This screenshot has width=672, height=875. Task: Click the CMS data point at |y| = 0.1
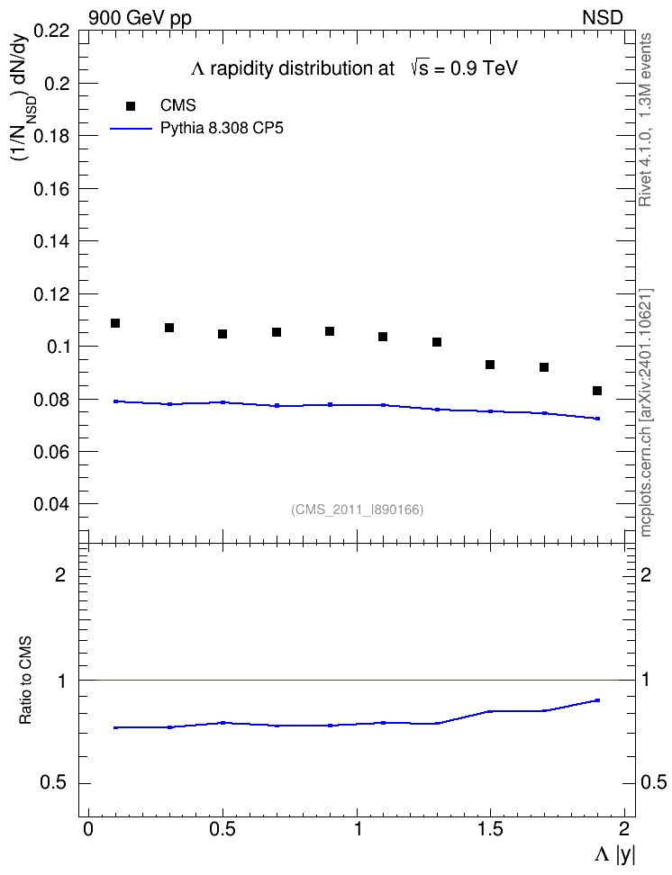(x=115, y=323)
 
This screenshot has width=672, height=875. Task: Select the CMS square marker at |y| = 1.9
(x=597, y=391)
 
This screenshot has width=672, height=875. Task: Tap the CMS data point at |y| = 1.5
(x=490, y=365)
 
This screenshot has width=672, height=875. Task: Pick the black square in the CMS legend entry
(x=131, y=106)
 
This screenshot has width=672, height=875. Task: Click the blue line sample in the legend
(x=132, y=129)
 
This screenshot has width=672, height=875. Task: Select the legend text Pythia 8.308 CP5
(x=222, y=129)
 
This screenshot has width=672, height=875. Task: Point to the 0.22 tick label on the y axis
(x=51, y=30)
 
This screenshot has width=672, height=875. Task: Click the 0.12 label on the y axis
(x=51, y=294)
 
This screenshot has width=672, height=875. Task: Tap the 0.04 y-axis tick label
(x=51, y=504)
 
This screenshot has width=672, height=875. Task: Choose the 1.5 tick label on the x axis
(x=490, y=829)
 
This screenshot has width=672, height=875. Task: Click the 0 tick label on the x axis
(x=88, y=829)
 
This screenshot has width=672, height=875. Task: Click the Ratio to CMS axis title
(x=25, y=681)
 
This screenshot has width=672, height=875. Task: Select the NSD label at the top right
(x=603, y=18)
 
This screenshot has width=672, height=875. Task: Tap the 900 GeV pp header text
(x=140, y=18)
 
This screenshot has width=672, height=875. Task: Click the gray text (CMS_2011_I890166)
(x=358, y=510)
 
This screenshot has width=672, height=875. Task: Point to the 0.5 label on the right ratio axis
(x=653, y=783)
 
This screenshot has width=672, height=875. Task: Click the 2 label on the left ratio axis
(x=60, y=574)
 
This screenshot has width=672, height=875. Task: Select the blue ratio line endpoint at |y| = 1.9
(x=597, y=699)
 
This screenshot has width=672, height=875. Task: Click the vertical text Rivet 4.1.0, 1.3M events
(x=645, y=120)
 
